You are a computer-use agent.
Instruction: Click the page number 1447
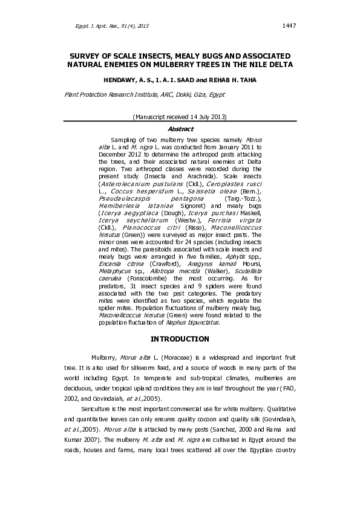[x=289, y=25]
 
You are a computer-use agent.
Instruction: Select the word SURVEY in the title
[x=89, y=55]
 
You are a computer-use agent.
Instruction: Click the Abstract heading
[x=180, y=129]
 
